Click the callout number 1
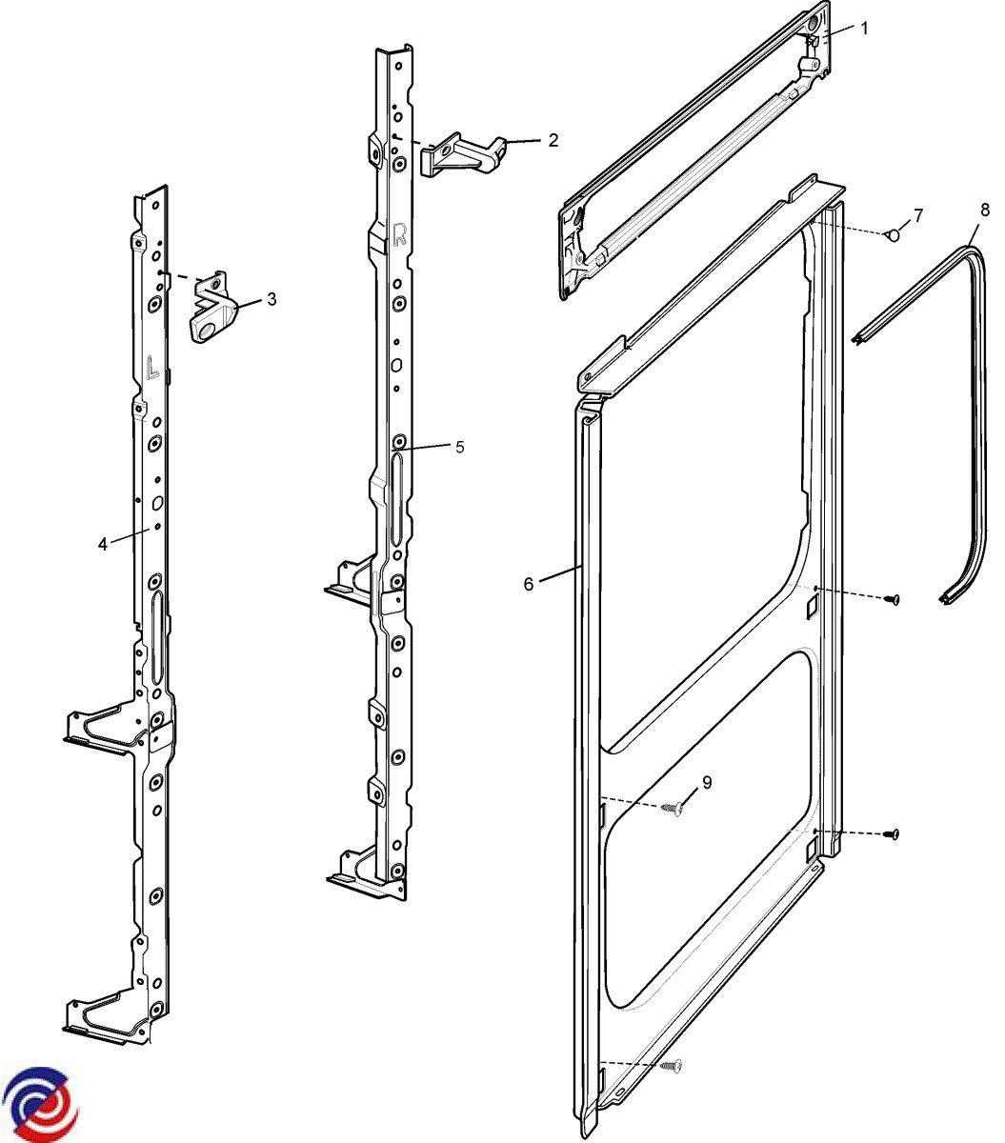864,28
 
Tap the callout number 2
553,141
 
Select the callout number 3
271,299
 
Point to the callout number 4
102,544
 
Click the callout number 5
459,447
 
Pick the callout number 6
529,583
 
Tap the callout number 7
917,215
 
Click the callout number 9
707,782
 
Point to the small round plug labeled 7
893,233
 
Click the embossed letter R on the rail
400,232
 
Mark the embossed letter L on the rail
151,367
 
